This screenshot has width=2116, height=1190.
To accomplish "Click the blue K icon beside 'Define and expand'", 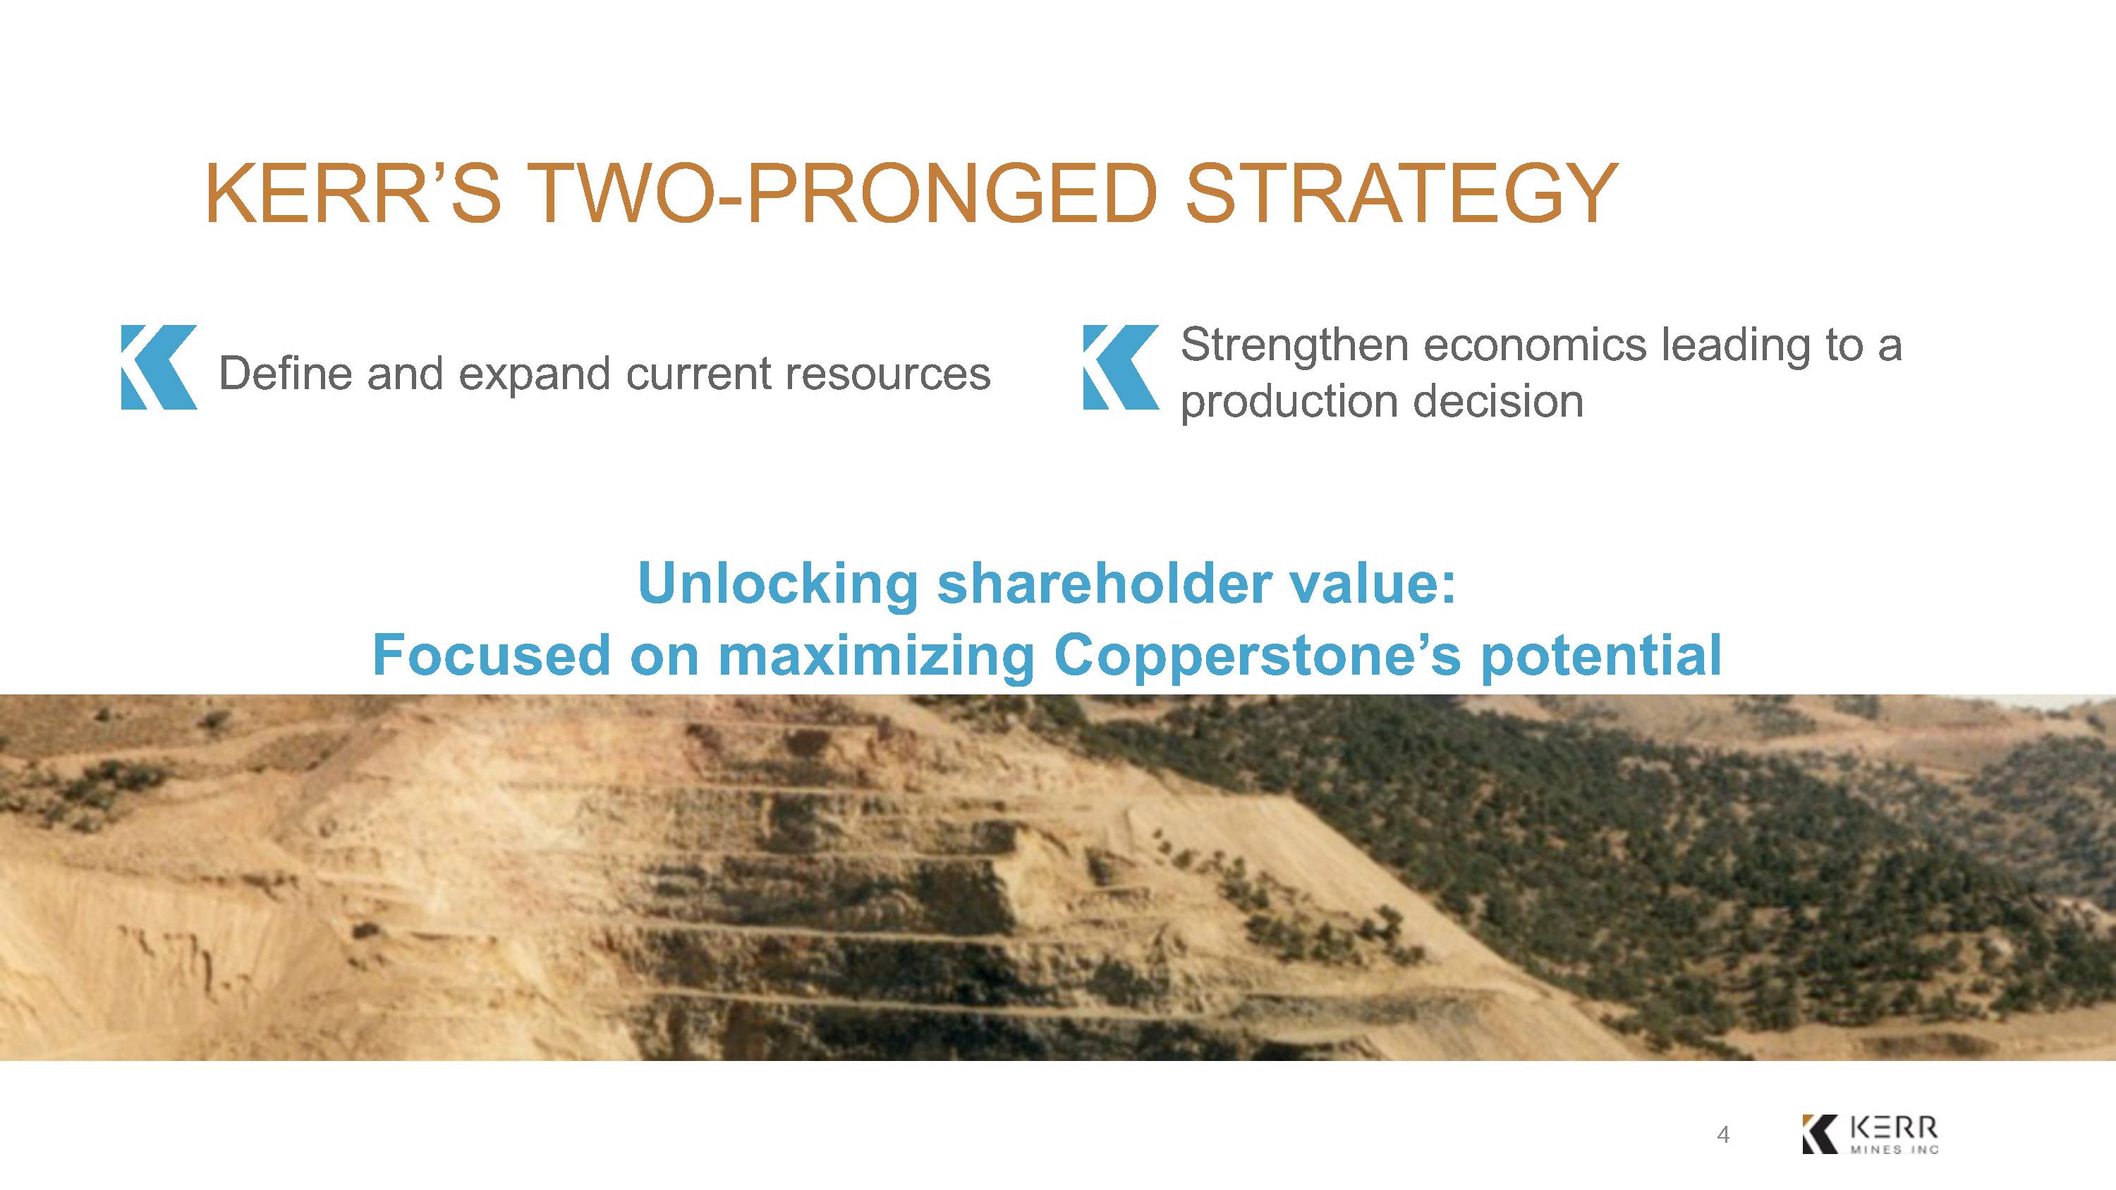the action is coord(159,367).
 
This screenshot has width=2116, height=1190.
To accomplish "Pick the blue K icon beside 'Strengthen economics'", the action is coord(1121,367).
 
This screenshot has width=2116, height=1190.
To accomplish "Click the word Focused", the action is coord(491,656).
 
